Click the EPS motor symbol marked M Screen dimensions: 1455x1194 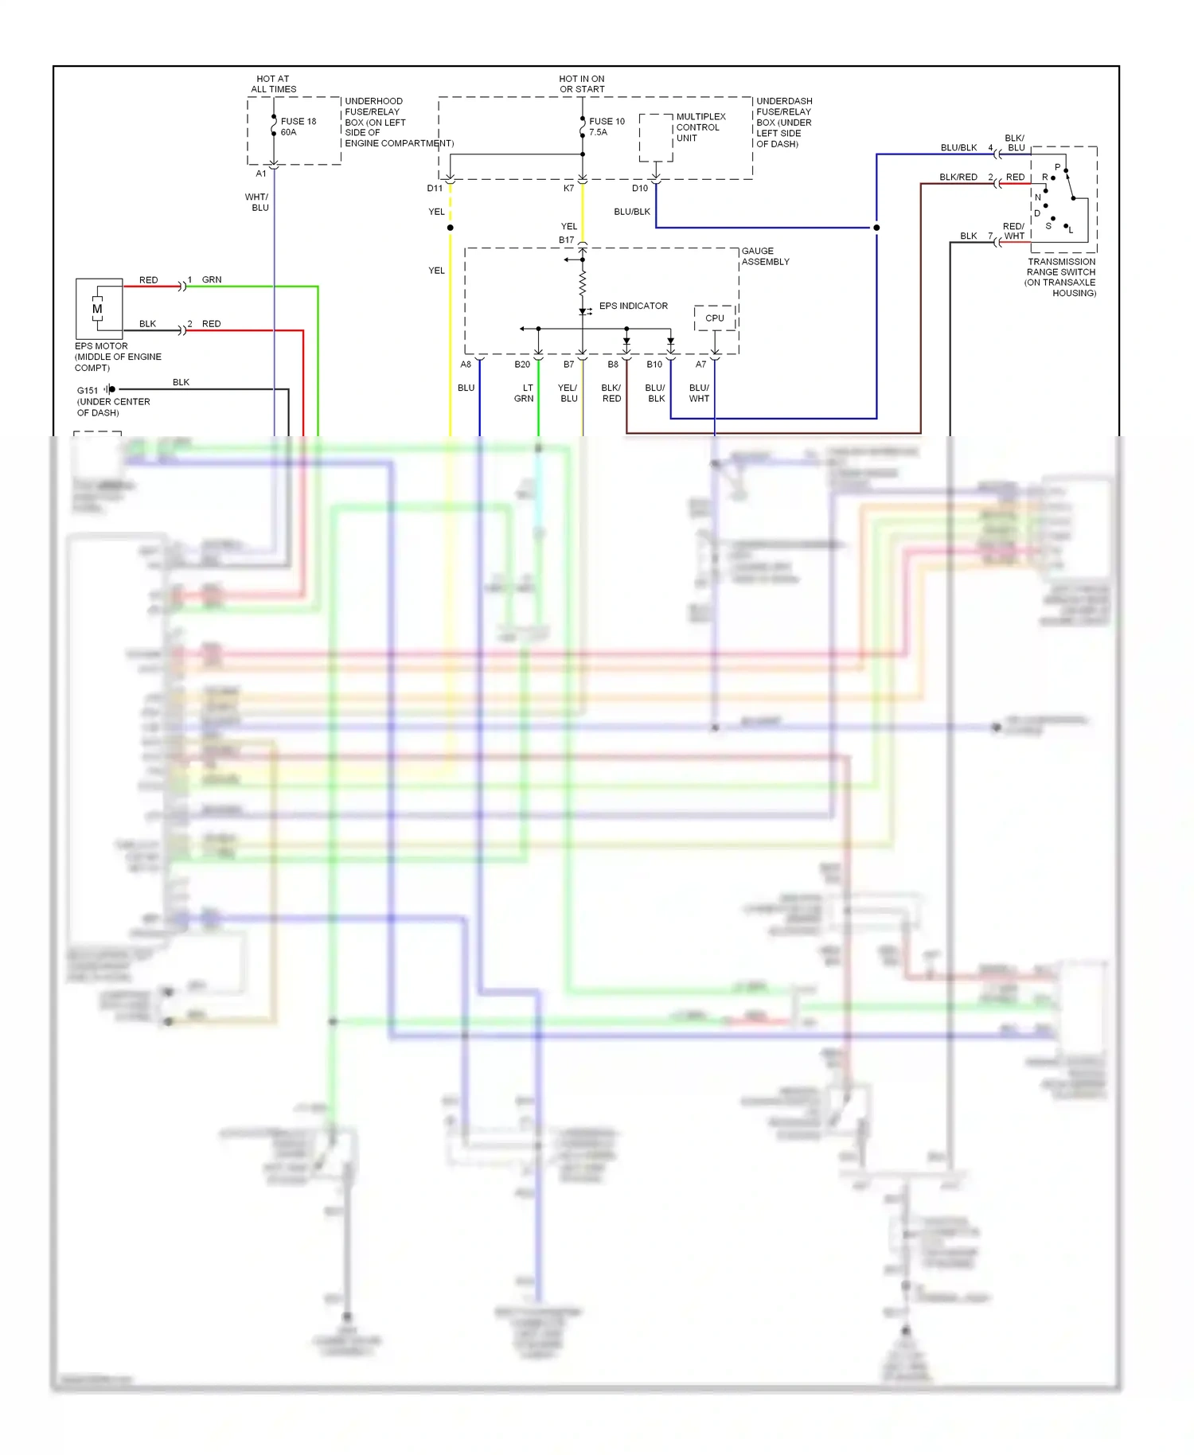click(x=97, y=309)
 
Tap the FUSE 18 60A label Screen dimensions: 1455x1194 click(x=298, y=127)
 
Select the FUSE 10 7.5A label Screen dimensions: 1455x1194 click(x=607, y=127)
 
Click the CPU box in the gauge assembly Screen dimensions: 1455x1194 click(x=715, y=318)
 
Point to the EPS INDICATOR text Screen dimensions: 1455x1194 click(x=633, y=306)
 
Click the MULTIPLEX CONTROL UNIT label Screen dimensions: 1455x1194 click(x=700, y=127)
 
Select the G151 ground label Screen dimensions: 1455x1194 click(x=88, y=390)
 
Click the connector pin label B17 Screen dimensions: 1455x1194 click(x=566, y=240)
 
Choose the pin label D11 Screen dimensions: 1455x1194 click(x=435, y=189)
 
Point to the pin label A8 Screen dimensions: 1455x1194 click(x=466, y=365)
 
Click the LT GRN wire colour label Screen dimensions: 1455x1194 click(x=524, y=393)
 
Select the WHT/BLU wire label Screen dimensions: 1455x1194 click(x=257, y=202)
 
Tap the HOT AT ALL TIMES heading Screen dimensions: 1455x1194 click(x=273, y=84)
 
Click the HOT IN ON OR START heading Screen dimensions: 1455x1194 click(x=582, y=84)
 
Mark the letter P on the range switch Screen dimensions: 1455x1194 click(x=1057, y=167)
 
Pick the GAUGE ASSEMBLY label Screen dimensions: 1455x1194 click(x=765, y=256)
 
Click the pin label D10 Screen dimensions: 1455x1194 click(x=640, y=189)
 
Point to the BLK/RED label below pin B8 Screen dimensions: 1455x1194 click(x=611, y=393)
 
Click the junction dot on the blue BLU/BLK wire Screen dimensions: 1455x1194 click(x=876, y=228)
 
